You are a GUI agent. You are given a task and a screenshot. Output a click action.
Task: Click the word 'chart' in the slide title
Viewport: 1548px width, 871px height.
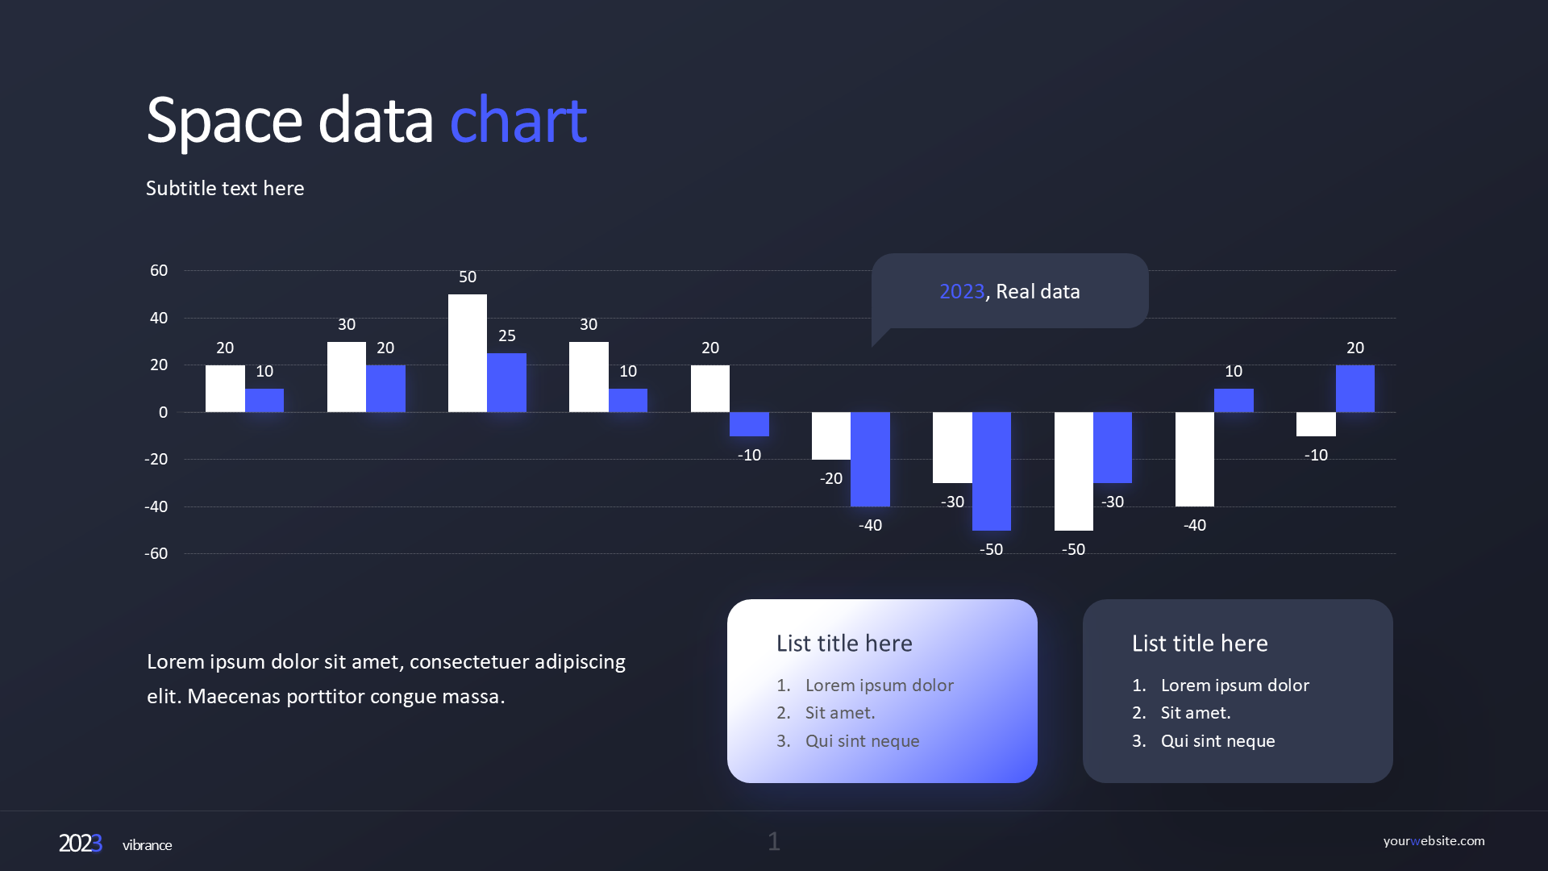point(518,121)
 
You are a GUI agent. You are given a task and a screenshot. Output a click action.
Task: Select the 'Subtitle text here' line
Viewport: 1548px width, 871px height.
point(225,188)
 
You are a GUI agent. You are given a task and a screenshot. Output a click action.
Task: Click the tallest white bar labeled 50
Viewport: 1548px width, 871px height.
point(468,353)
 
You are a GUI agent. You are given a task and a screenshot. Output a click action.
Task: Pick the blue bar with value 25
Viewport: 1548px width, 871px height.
point(506,383)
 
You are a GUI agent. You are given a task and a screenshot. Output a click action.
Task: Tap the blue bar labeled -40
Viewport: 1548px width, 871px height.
point(870,459)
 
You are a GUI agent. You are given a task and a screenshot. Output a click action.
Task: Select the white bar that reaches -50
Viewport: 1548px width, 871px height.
point(1073,471)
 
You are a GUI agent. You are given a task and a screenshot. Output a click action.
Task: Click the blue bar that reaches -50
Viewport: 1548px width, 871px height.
point(991,471)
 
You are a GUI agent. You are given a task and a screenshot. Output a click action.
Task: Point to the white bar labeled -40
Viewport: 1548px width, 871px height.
point(1194,459)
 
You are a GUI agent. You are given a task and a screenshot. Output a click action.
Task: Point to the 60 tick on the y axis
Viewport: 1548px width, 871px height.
point(159,271)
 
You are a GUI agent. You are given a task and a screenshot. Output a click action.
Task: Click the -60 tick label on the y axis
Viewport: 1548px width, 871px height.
point(156,554)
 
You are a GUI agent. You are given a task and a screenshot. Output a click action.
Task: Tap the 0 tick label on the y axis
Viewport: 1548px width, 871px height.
point(163,413)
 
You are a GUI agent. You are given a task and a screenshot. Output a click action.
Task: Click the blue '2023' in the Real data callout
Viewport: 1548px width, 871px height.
point(962,291)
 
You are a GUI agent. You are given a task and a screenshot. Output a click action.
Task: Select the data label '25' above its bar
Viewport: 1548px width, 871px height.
point(506,335)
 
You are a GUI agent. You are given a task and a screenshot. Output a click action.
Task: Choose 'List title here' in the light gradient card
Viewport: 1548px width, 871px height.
point(844,644)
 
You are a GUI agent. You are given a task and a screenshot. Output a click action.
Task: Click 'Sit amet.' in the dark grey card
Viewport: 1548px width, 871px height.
point(1196,713)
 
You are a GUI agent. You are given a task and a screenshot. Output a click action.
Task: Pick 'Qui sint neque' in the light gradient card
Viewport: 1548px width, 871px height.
point(862,741)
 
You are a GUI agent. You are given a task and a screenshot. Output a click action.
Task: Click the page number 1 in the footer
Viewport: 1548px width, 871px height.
point(774,842)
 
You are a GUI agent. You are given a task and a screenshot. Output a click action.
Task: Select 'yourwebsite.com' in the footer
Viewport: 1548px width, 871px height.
point(1434,841)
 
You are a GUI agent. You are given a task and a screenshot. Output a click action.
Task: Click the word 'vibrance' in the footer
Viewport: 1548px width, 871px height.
point(147,845)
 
